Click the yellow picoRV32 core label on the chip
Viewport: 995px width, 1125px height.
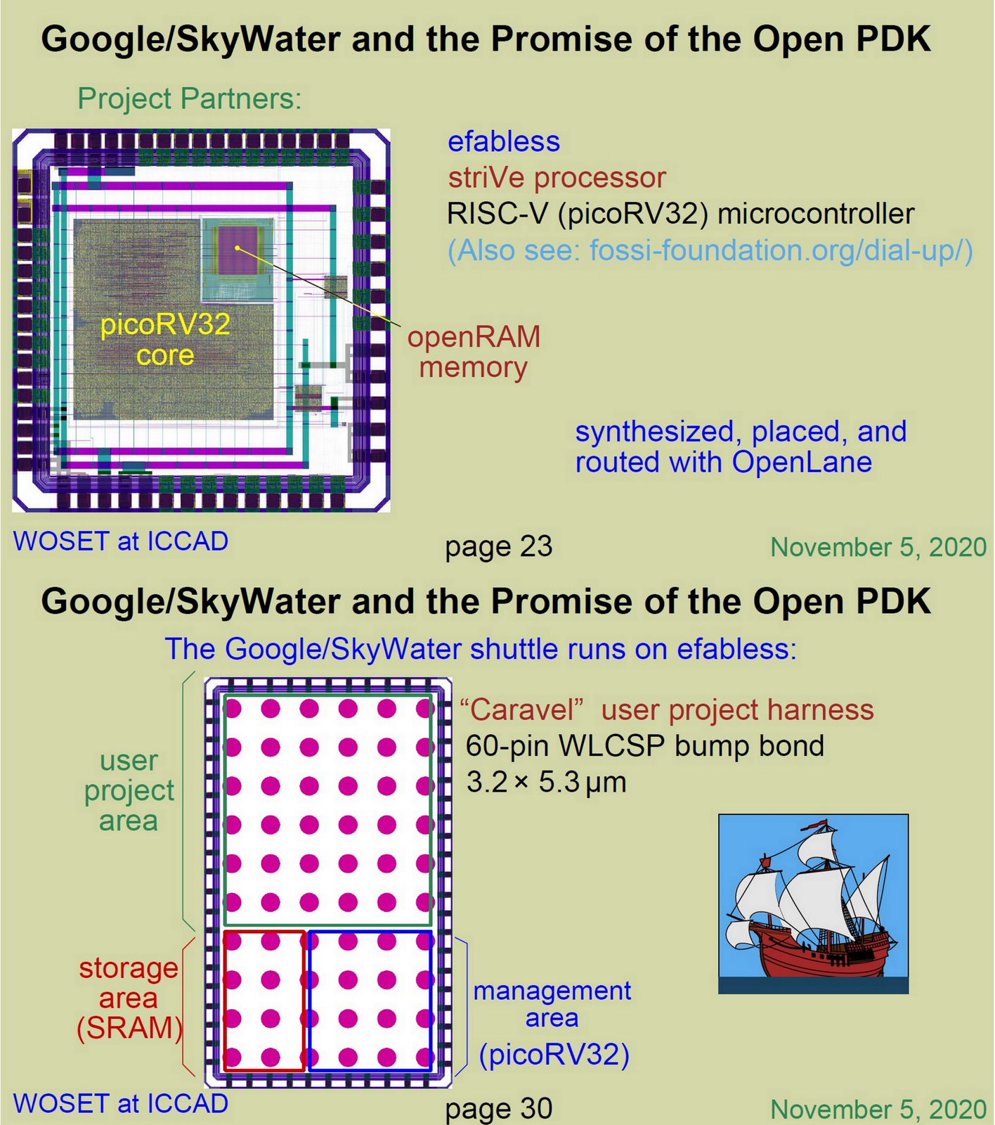[165, 340]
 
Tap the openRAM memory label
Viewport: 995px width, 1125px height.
[474, 352]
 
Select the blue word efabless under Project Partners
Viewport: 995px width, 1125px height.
[504, 142]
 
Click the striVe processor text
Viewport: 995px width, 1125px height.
[557, 178]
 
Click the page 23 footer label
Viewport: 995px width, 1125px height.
[499, 547]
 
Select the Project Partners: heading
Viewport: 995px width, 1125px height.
[189, 99]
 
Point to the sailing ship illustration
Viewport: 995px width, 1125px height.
[813, 904]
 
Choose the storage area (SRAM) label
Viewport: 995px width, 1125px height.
[129, 998]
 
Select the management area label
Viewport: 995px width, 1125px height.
[552, 1003]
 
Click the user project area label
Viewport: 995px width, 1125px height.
[129, 791]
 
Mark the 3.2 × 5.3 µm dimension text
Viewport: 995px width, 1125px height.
[546, 783]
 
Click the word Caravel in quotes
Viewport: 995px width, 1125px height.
[522, 710]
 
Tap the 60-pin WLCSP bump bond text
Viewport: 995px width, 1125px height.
[644, 746]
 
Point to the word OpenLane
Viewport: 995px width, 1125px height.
[802, 463]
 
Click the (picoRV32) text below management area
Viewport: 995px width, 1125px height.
[554, 1055]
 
